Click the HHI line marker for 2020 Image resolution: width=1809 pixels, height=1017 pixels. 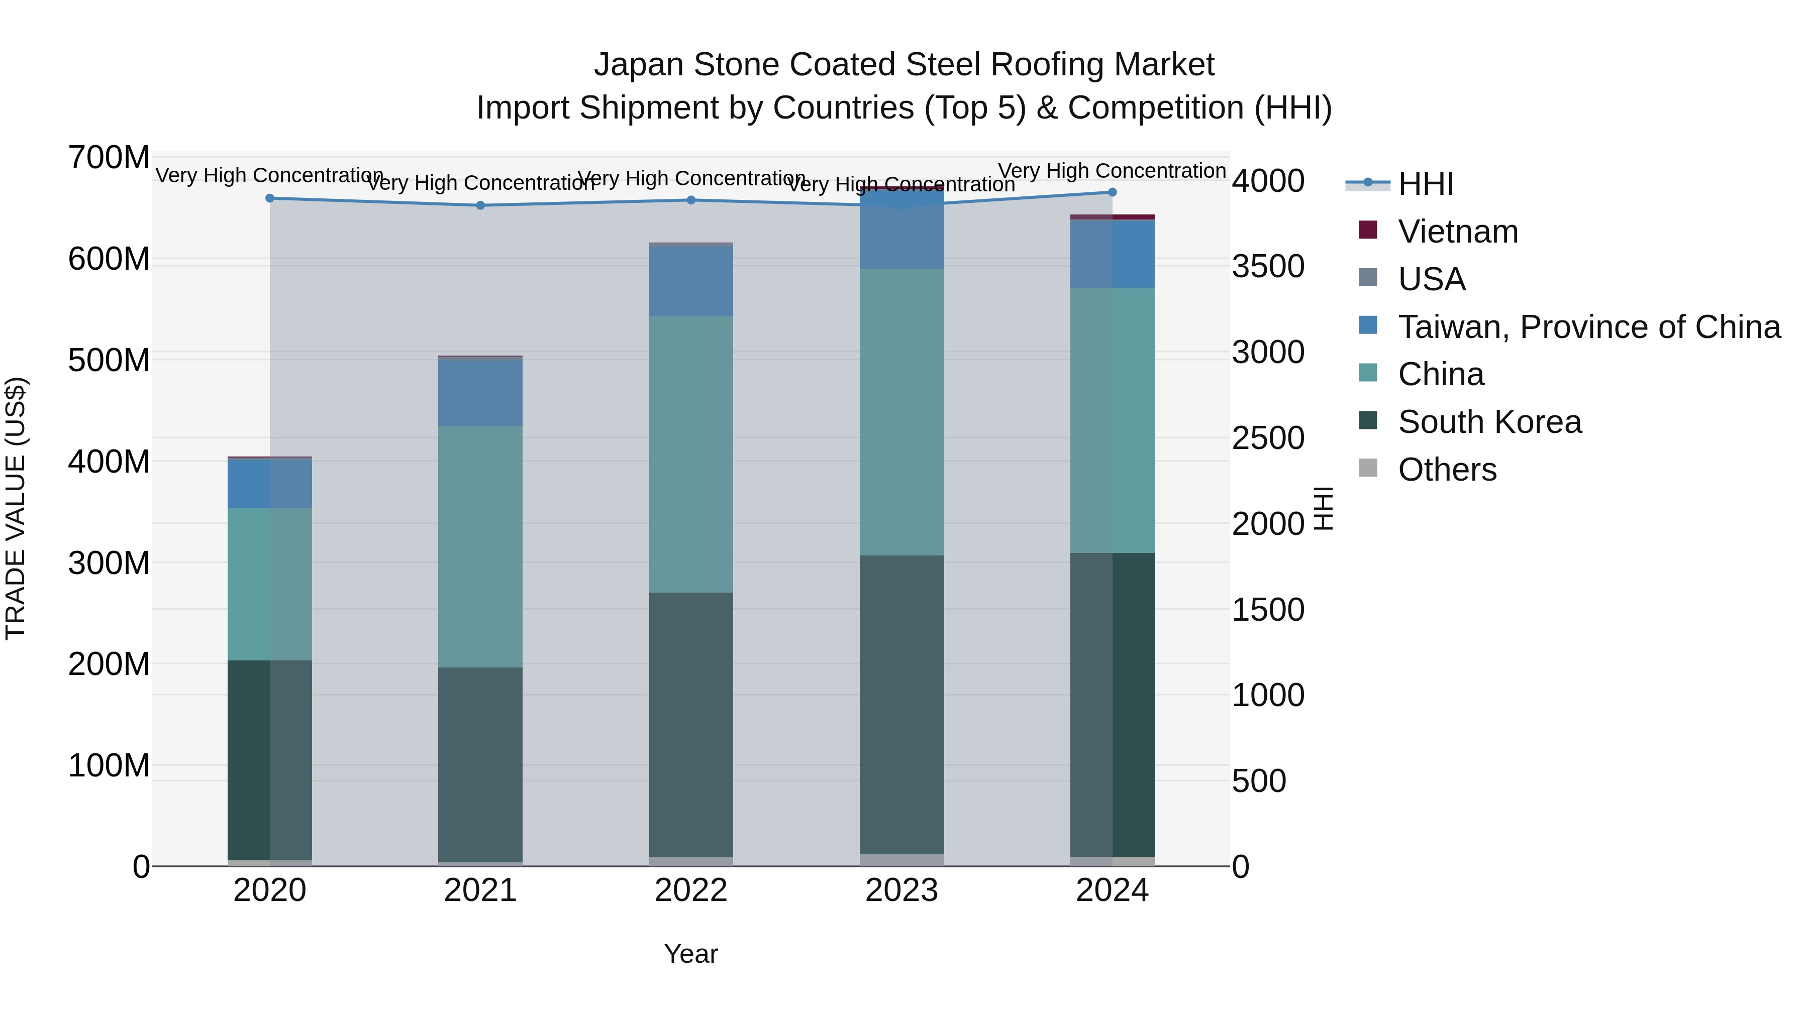click(270, 198)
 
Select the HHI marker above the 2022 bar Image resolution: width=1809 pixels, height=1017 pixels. click(690, 200)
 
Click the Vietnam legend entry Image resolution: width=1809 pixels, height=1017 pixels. click(1457, 232)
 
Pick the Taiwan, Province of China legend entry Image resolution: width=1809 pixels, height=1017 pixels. click(1588, 327)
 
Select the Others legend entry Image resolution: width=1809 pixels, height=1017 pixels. click(1447, 470)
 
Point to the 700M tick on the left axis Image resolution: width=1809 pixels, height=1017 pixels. click(109, 157)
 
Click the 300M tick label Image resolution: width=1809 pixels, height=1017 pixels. click(109, 563)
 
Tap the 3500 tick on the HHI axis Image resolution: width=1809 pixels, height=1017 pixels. click(1268, 267)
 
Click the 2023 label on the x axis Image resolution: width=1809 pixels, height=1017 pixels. click(901, 890)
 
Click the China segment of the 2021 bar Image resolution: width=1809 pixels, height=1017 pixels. click(480, 546)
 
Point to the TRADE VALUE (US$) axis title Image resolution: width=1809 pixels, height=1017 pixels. click(16, 508)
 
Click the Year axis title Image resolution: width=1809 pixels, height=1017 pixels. click(690, 954)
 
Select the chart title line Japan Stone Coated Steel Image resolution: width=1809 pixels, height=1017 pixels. click(904, 65)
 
